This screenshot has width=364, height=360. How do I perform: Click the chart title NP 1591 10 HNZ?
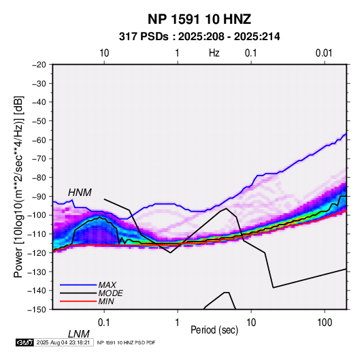point(199,19)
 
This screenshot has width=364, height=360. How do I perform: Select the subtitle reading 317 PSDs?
point(144,37)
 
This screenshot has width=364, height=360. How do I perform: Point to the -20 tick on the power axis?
point(39,65)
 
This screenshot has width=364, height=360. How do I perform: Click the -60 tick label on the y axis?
point(39,140)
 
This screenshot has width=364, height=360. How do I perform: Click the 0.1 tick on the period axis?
point(104,323)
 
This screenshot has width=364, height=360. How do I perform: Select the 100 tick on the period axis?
point(325,323)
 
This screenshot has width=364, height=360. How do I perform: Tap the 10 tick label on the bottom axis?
point(251,323)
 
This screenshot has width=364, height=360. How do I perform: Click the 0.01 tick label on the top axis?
point(324,53)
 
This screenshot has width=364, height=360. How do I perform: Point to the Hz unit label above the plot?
point(214,53)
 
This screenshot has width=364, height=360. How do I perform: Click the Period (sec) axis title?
point(214,330)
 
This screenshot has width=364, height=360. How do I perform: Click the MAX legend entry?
point(107,284)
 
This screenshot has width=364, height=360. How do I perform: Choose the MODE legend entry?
point(110,293)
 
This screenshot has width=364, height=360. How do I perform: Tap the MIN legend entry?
point(106,301)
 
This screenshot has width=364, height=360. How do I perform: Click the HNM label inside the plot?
point(80,193)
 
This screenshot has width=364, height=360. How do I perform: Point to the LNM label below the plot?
point(79,334)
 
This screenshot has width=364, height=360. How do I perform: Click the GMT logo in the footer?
point(25,342)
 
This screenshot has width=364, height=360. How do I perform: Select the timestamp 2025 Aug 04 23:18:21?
point(63,342)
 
